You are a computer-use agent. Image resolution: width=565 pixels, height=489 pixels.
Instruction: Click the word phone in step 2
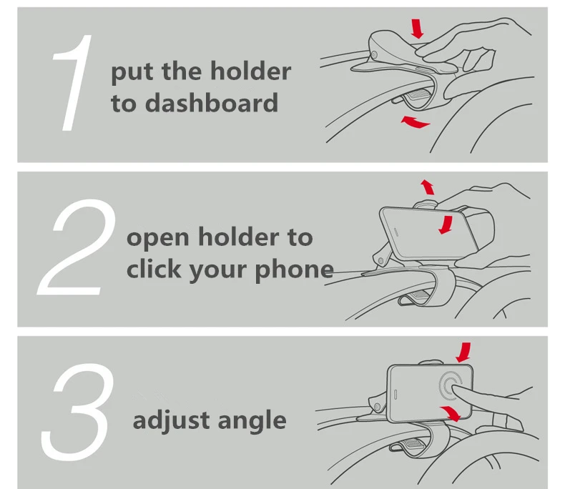click(299, 270)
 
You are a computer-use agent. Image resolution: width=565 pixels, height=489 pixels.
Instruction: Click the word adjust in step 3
click(167, 420)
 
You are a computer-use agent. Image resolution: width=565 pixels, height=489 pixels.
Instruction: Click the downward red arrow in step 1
click(418, 28)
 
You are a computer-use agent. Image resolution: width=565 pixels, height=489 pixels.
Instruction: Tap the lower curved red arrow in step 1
click(416, 122)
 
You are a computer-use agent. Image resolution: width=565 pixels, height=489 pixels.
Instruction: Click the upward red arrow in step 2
click(427, 187)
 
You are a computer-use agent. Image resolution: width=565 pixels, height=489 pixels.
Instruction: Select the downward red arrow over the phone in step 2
click(446, 224)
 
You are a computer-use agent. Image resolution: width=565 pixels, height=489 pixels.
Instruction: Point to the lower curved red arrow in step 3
click(449, 414)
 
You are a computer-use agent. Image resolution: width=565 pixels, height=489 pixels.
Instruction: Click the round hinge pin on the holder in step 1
click(374, 55)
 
